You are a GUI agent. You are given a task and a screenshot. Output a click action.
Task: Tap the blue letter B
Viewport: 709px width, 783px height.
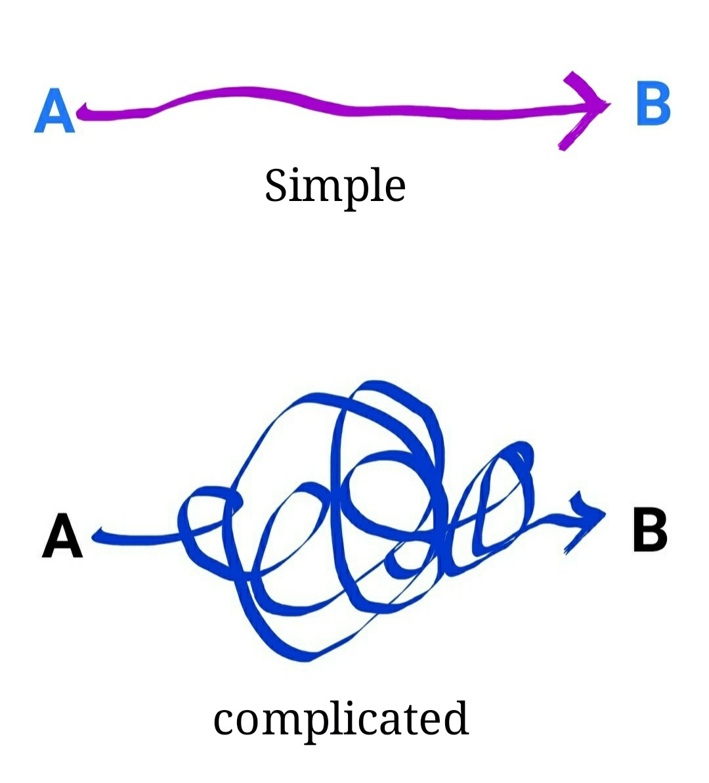click(x=653, y=103)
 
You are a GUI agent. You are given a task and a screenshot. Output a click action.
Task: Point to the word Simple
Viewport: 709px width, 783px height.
click(x=335, y=186)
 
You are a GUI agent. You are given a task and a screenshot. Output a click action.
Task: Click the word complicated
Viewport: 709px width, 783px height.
click(x=341, y=719)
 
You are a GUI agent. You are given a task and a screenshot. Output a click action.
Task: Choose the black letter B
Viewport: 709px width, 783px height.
click(x=649, y=529)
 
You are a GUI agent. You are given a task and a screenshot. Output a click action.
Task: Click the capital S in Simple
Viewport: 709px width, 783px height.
click(x=276, y=185)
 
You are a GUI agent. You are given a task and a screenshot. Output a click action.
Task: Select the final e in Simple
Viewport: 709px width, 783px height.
click(x=393, y=189)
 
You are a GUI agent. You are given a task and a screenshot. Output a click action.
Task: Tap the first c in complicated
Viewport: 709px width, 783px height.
click(x=225, y=722)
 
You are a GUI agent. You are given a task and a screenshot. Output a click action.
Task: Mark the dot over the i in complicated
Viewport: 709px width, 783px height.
click(x=351, y=704)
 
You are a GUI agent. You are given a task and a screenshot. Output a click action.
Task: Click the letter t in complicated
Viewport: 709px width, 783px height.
click(x=411, y=719)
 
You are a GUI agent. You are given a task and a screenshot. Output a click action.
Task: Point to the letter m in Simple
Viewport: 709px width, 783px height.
click(x=324, y=189)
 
